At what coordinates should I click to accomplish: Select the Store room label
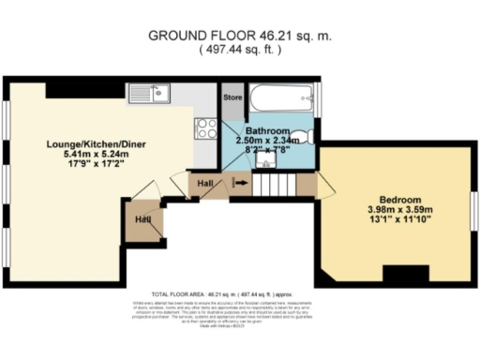point(231,97)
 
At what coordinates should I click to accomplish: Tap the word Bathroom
point(264,129)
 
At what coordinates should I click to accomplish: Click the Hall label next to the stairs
point(205,181)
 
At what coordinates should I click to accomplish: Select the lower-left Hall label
point(143,219)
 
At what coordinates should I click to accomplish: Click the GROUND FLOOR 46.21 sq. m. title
point(240,36)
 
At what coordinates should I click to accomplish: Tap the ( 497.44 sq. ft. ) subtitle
point(240,51)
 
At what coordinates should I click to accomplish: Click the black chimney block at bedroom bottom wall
point(403,274)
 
